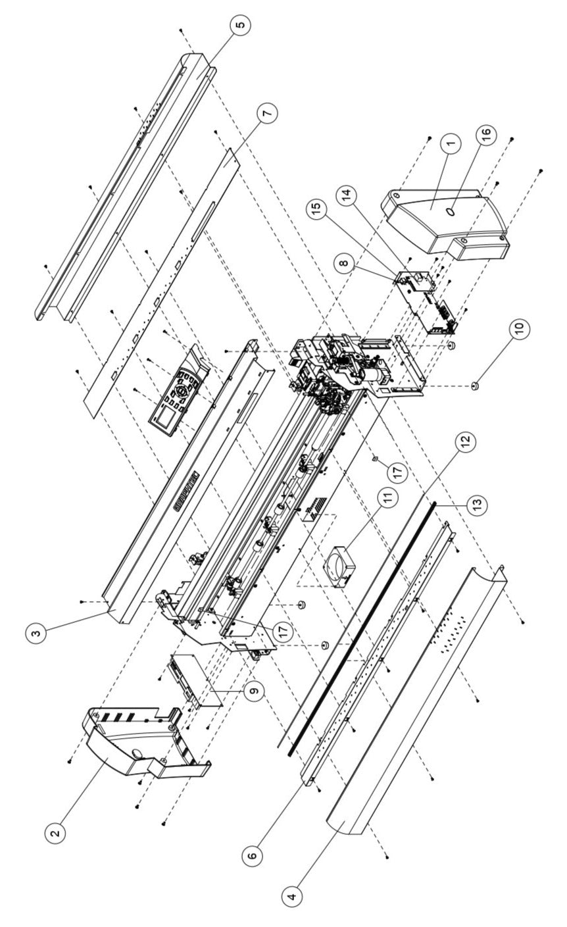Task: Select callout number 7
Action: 266,113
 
